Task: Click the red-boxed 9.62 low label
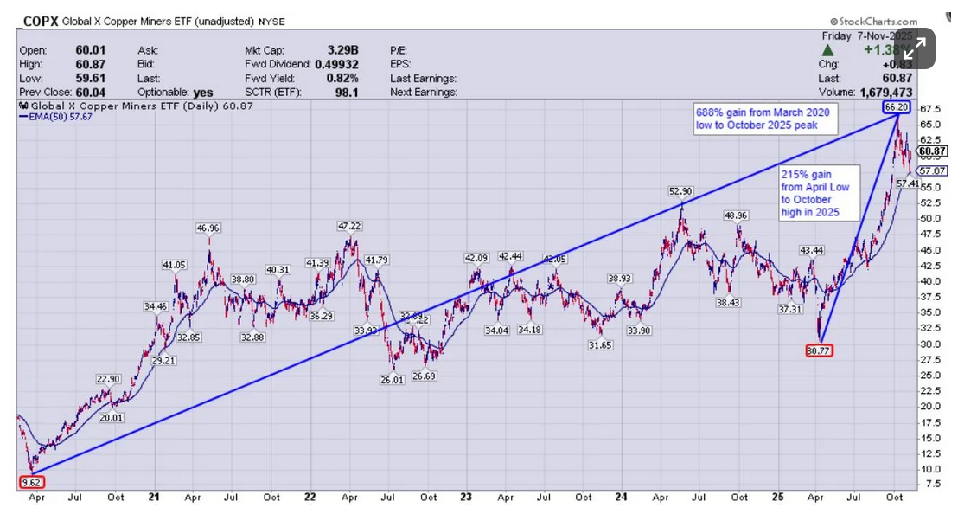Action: pyautogui.click(x=30, y=483)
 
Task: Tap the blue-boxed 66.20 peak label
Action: pyautogui.click(x=897, y=107)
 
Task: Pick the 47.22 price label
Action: pyautogui.click(x=349, y=226)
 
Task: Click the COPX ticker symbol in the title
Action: pyautogui.click(x=40, y=21)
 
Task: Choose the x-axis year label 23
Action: pyautogui.click(x=466, y=498)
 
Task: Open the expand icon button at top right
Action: pyautogui.click(x=915, y=48)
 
